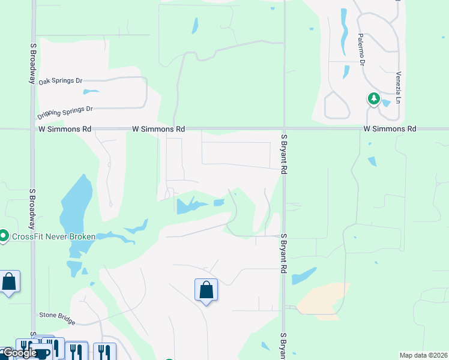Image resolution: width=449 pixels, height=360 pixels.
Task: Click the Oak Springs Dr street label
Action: pyautogui.click(x=60, y=81)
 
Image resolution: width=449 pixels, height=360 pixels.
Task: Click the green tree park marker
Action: pyautogui.click(x=374, y=98)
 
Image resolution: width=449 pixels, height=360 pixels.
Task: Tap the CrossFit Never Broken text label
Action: pyautogui.click(x=53, y=236)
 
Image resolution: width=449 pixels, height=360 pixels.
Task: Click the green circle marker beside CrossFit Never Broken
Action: pyautogui.click(x=4, y=236)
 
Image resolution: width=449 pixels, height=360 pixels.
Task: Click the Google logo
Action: pyautogui.click(x=19, y=353)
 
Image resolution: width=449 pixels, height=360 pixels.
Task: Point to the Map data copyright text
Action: pyautogui.click(x=423, y=355)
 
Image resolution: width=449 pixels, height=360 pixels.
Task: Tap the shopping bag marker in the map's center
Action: pyautogui.click(x=206, y=290)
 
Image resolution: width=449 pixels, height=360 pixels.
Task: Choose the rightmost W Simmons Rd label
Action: pyautogui.click(x=390, y=129)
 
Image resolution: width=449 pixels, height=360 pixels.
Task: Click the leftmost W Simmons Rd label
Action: pyautogui.click(x=65, y=129)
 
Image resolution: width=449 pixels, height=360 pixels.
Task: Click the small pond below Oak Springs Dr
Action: pyautogui.click(x=91, y=92)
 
